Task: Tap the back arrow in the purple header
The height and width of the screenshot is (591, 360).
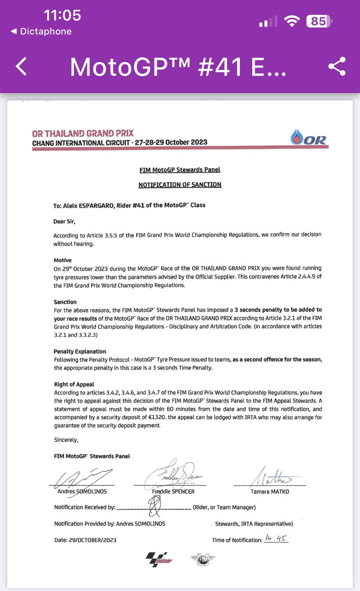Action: click(x=22, y=67)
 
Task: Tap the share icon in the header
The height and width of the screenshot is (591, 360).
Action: click(x=337, y=67)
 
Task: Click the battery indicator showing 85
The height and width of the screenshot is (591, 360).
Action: click(x=319, y=21)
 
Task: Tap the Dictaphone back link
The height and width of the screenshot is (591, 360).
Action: click(x=41, y=32)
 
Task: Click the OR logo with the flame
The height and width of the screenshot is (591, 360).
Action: click(x=309, y=138)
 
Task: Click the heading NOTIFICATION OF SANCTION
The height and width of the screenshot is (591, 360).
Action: click(x=180, y=185)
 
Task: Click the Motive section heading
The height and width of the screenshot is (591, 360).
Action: click(x=63, y=260)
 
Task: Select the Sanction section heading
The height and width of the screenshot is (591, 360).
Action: click(x=65, y=302)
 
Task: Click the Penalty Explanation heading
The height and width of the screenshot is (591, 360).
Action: click(x=80, y=351)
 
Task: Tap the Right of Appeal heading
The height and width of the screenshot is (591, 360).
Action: click(x=74, y=385)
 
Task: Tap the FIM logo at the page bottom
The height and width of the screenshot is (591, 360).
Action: click(x=201, y=559)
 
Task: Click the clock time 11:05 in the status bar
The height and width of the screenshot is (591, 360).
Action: click(x=63, y=15)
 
